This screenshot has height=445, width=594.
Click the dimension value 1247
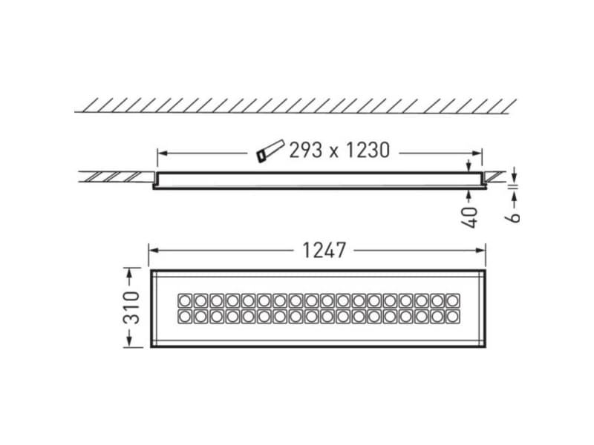(324, 251)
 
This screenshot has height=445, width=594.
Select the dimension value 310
(131, 306)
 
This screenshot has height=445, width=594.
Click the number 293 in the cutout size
(305, 151)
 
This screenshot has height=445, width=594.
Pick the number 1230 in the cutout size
(364, 151)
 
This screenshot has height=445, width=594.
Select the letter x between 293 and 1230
(333, 151)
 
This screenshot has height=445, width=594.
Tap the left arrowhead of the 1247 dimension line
(153, 251)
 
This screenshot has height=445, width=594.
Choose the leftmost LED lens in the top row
(184, 300)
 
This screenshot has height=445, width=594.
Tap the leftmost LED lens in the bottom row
(184, 317)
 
